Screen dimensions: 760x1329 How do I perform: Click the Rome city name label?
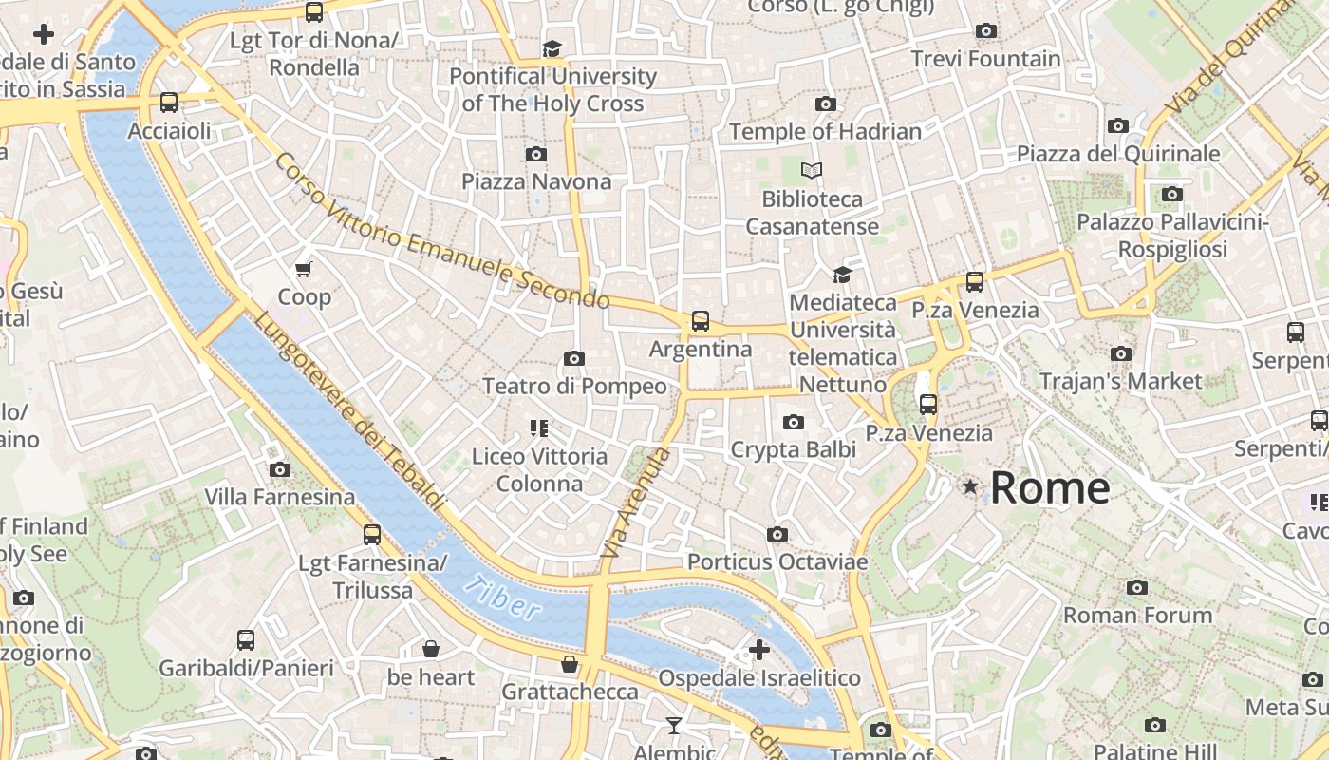tap(1049, 488)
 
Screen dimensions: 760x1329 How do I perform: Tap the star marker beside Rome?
tap(970, 487)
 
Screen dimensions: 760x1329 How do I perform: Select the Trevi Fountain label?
tap(985, 59)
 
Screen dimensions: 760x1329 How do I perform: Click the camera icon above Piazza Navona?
tap(536, 154)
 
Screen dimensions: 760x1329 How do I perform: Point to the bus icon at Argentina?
tap(701, 321)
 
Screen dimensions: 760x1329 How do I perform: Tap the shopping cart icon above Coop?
tap(304, 270)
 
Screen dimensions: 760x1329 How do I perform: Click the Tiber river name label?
tap(502, 598)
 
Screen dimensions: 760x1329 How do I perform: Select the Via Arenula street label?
tap(635, 503)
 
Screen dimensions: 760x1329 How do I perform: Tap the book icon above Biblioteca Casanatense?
tap(811, 171)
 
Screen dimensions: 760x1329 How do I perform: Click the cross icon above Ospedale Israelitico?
tap(759, 650)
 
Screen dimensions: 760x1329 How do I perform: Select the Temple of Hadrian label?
tap(825, 132)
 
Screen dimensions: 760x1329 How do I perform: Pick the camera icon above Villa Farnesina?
tap(279, 469)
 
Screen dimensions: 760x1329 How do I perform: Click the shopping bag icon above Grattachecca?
tap(570, 664)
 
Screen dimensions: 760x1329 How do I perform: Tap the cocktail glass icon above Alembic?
tap(674, 726)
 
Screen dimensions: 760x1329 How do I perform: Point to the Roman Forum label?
tap(1137, 616)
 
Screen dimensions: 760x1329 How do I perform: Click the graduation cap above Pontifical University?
tap(552, 48)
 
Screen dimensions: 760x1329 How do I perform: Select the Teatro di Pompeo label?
tap(574, 387)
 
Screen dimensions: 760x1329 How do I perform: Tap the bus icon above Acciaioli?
tap(169, 103)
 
